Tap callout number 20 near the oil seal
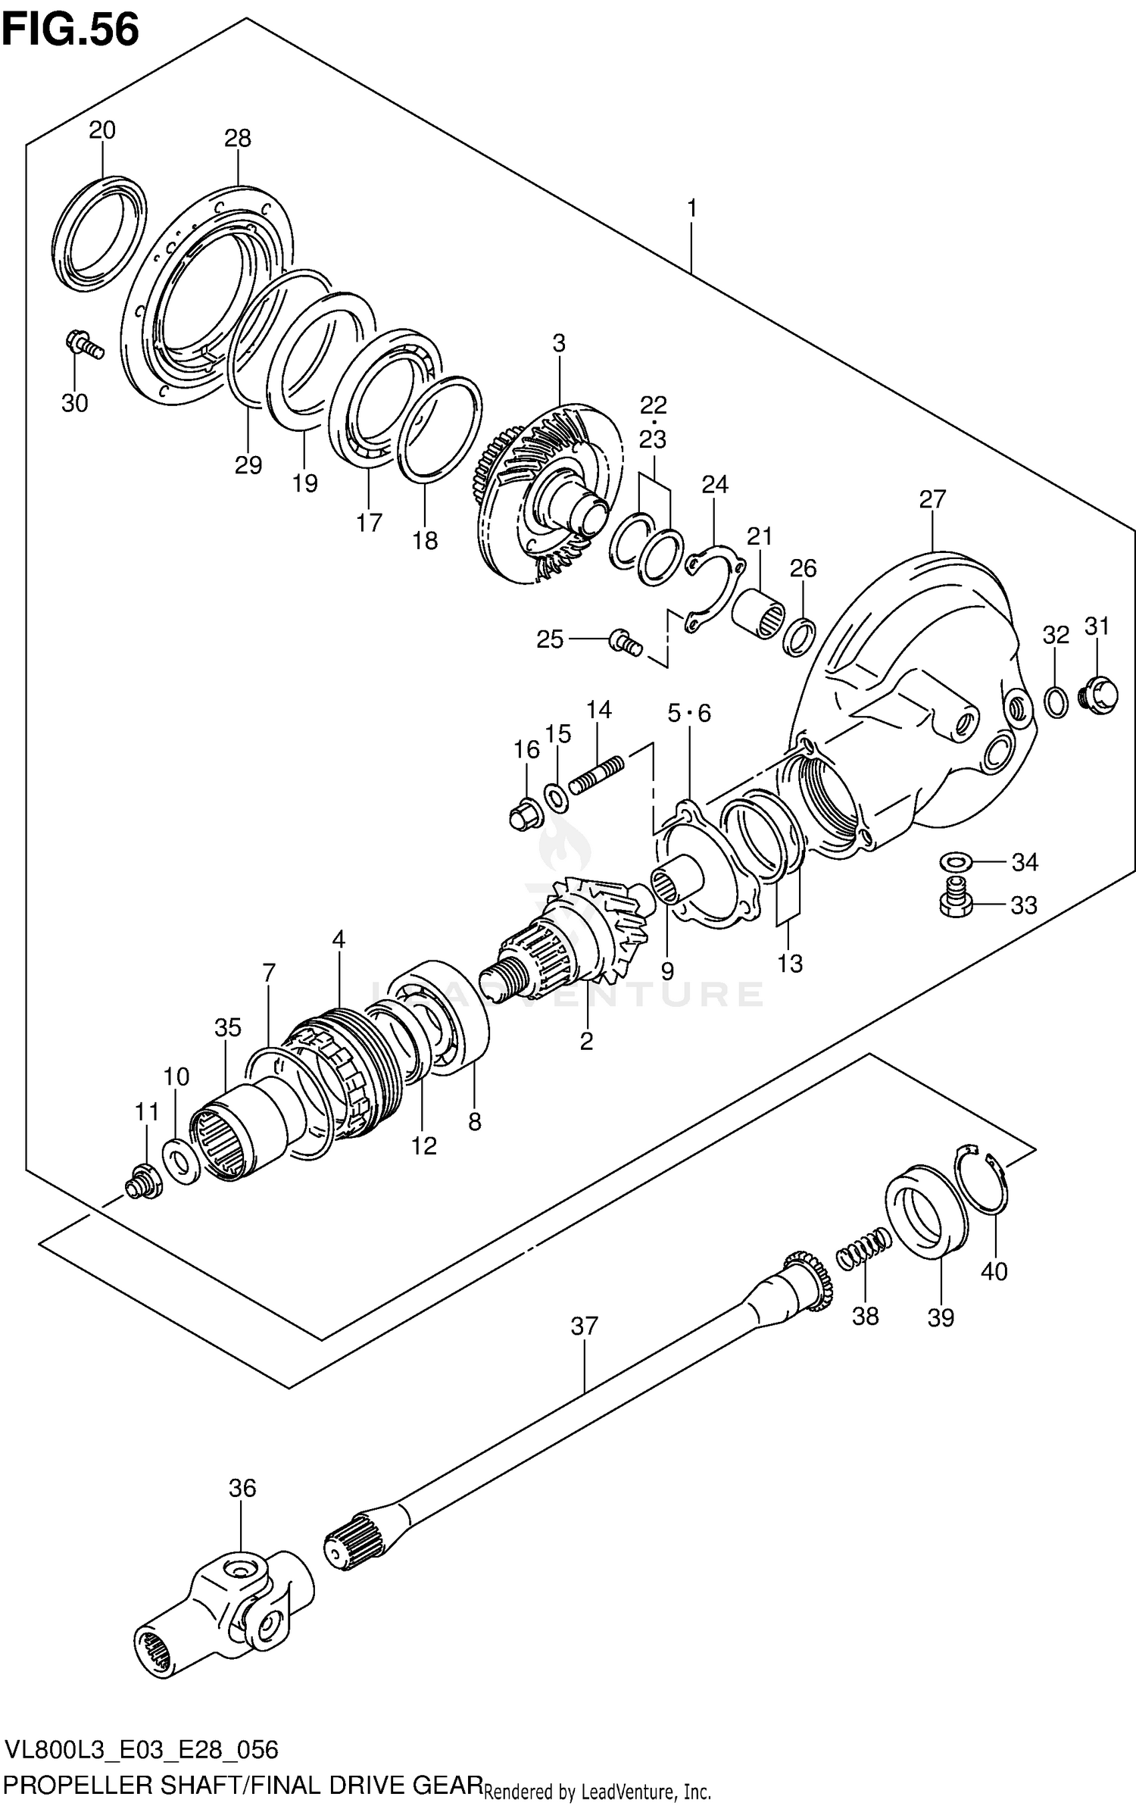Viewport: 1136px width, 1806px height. (102, 130)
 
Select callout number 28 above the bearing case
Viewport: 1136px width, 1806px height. (237, 138)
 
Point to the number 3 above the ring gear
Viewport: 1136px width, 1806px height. (558, 343)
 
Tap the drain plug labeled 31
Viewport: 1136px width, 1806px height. (1100, 694)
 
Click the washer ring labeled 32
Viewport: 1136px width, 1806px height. (1056, 701)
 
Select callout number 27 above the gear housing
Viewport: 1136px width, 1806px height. (932, 499)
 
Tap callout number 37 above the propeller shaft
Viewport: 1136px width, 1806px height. (585, 1326)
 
